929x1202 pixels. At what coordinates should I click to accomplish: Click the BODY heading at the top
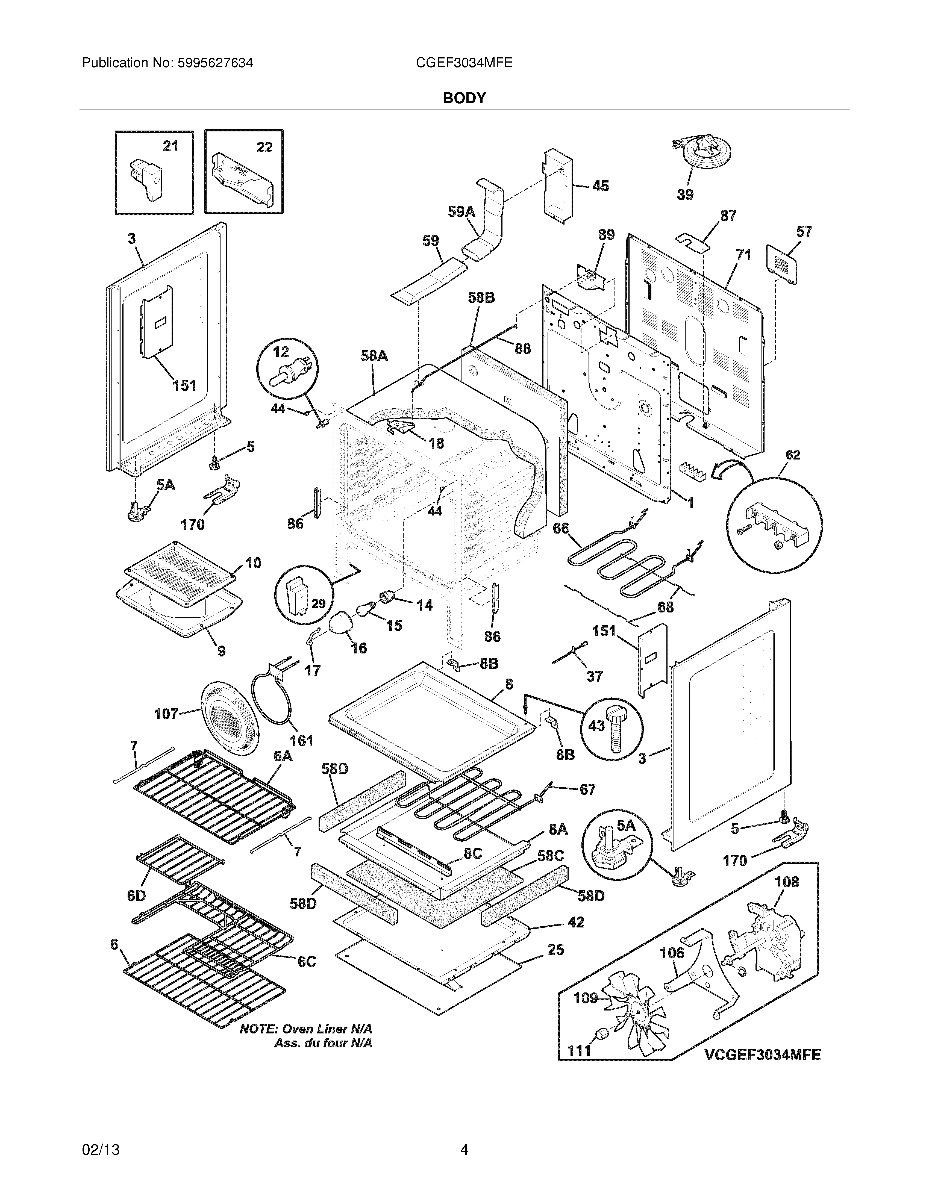pos(465,98)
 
